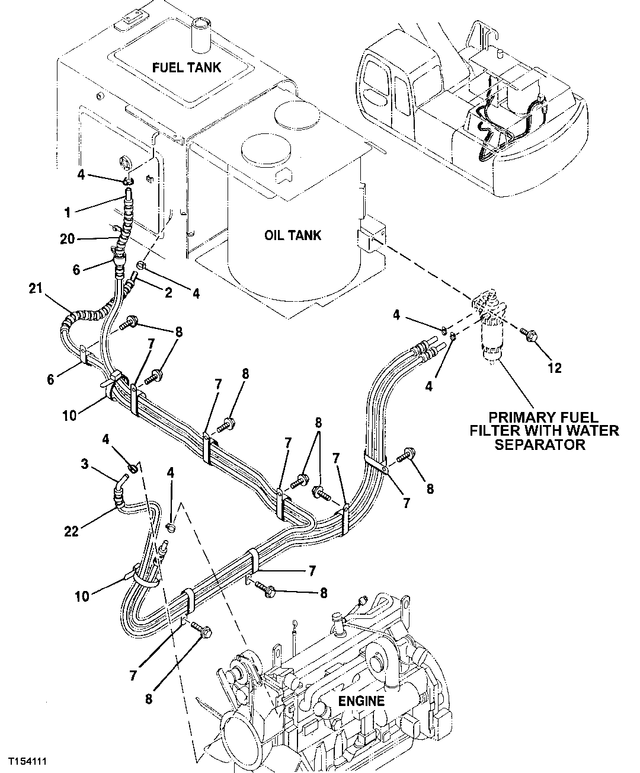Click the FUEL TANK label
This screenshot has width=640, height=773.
(x=186, y=67)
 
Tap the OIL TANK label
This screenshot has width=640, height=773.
(x=292, y=235)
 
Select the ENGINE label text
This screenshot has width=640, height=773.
(x=361, y=701)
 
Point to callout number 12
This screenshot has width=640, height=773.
(x=554, y=369)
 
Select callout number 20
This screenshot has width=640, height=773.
(x=68, y=239)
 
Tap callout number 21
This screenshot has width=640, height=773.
(x=36, y=289)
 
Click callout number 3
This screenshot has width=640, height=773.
(x=85, y=464)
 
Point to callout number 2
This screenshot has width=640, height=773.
(x=168, y=293)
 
